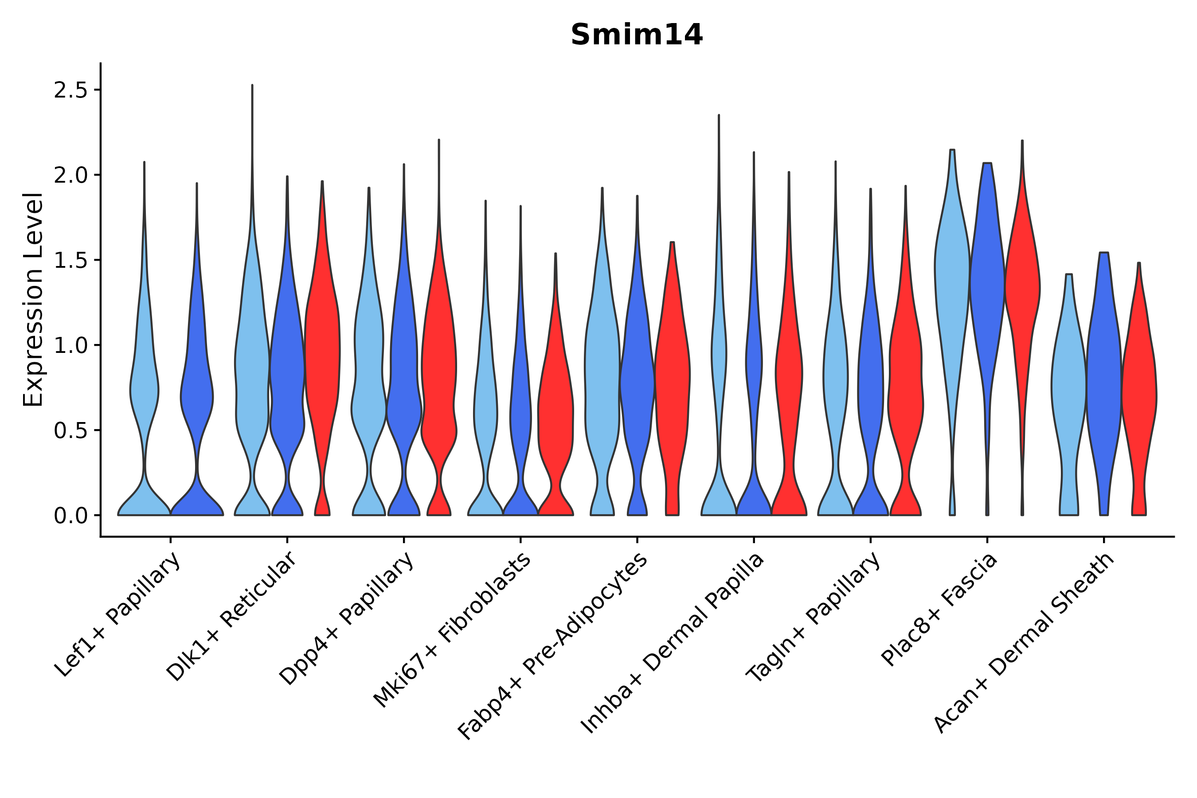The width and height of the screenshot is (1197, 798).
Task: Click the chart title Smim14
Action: click(x=636, y=35)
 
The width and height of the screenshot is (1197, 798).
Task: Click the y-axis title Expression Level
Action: click(x=34, y=299)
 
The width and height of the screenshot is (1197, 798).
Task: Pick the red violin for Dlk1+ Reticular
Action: click(x=322, y=356)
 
